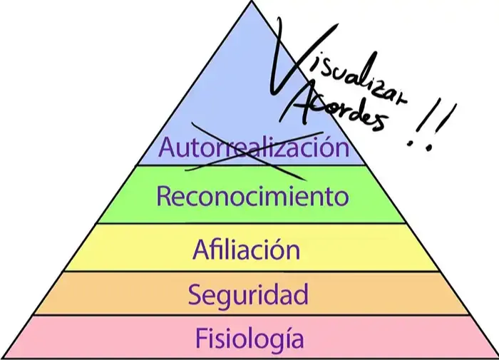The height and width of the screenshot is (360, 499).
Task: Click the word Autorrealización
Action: [x=254, y=148]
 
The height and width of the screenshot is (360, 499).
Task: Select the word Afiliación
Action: [x=246, y=250]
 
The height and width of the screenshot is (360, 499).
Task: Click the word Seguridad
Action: [x=248, y=293]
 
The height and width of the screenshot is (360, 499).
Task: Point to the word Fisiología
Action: [x=249, y=337]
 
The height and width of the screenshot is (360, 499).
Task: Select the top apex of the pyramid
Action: [x=252, y=2]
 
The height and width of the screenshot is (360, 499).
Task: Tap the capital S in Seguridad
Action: [x=195, y=293]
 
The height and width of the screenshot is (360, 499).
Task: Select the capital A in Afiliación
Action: [x=200, y=250]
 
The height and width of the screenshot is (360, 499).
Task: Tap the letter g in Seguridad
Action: [x=225, y=296]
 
